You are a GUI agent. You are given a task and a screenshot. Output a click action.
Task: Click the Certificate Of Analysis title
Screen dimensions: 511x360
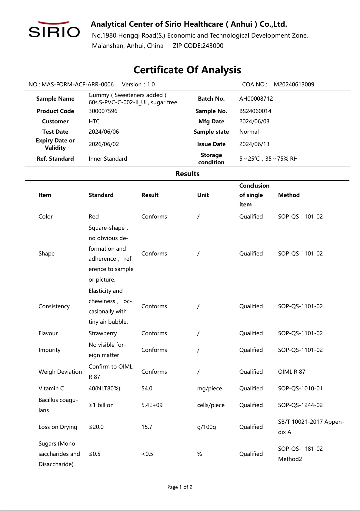tap(187, 70)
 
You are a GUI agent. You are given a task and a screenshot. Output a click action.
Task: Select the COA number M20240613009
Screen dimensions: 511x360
tap(294, 85)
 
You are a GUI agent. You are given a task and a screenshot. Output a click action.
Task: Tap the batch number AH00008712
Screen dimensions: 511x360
tap(256, 99)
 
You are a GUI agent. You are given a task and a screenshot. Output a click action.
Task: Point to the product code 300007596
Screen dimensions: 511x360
tap(103, 111)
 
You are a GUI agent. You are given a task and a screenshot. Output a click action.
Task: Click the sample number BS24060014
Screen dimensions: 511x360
tap(255, 111)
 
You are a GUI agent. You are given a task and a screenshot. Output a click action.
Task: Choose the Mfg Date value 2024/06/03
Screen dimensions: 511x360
tap(254, 122)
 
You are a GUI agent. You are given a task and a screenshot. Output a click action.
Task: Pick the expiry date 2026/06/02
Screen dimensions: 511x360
tap(104, 144)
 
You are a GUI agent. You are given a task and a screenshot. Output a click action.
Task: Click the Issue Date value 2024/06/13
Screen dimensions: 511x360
tap(254, 144)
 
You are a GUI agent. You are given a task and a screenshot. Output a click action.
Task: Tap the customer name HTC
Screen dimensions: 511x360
tap(94, 122)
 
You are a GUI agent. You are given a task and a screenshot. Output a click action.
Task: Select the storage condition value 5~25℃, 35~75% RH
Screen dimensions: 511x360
tap(268, 159)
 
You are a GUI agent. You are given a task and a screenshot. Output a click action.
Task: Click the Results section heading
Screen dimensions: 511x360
tap(187, 174)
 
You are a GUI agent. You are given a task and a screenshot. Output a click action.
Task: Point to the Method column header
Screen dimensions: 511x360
tap(289, 195)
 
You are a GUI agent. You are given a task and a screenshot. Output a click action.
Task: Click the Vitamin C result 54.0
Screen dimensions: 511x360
tap(147, 389)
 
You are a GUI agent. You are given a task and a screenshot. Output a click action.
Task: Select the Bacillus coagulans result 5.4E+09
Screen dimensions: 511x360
tap(152, 405)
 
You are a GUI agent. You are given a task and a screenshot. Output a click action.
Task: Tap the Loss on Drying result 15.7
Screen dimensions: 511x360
tap(147, 427)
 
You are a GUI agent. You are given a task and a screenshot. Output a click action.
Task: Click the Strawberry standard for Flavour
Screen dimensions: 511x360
tap(102, 333)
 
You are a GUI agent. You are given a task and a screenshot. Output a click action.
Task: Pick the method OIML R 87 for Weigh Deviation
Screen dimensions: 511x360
tap(292, 372)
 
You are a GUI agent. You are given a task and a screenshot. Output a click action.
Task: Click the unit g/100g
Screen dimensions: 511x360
tap(206, 427)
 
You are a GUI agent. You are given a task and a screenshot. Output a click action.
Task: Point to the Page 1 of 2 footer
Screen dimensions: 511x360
tap(180, 487)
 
